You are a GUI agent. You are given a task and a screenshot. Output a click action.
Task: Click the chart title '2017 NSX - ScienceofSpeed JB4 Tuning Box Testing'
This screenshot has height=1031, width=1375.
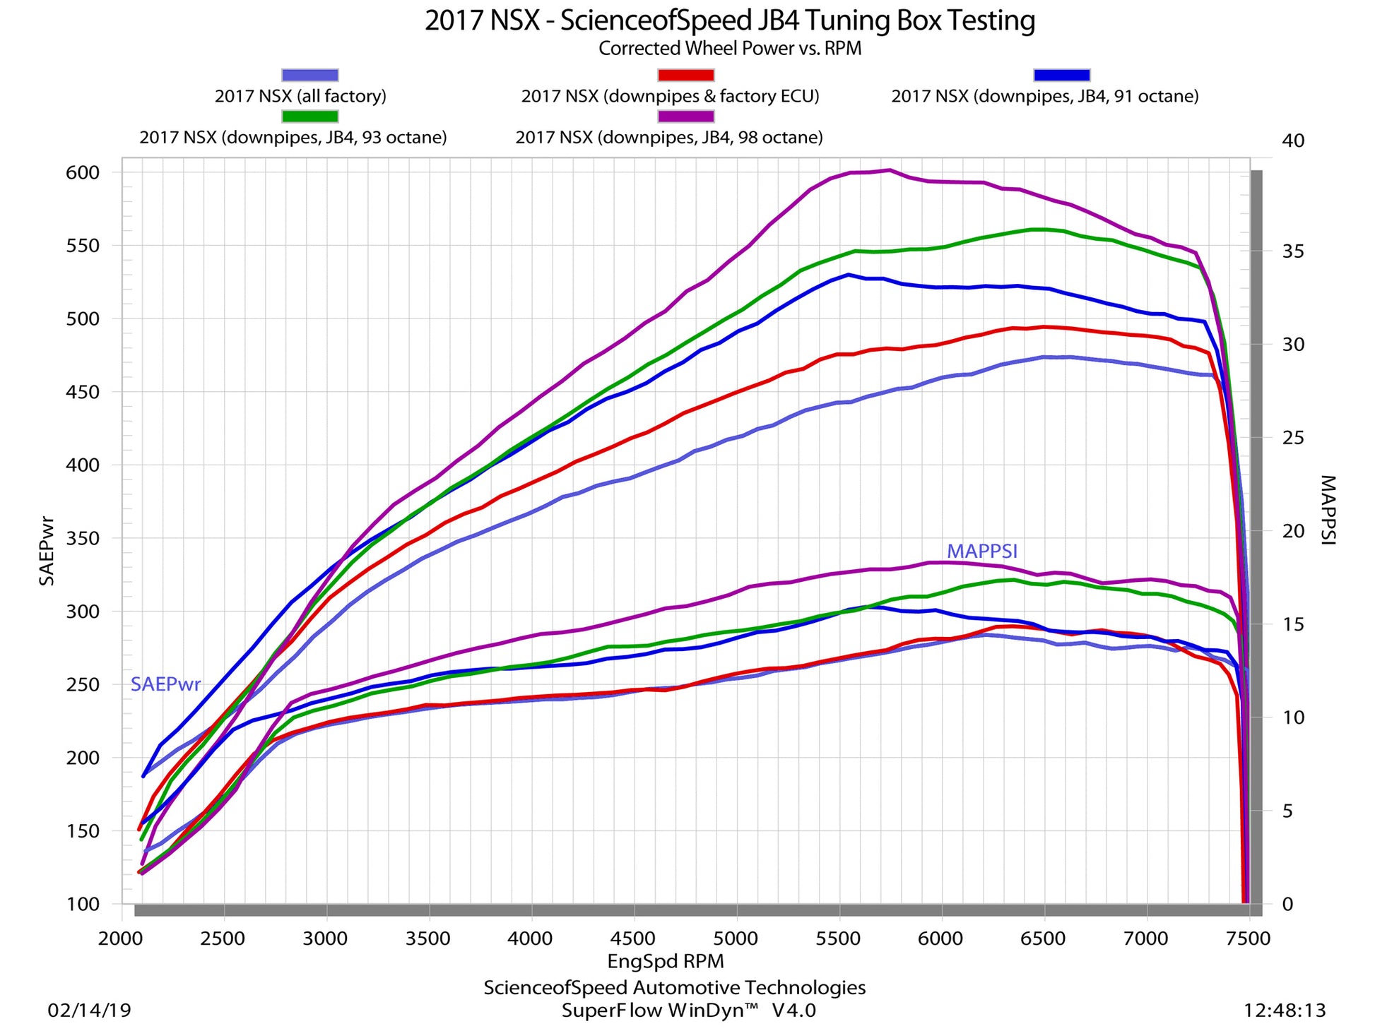729,21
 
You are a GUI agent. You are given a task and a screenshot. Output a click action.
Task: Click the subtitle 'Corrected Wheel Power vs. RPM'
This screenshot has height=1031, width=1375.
729,49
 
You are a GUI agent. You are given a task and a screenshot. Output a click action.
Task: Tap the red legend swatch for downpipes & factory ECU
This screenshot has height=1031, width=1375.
685,75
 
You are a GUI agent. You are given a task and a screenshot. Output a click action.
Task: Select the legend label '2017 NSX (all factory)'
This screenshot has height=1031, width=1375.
300,96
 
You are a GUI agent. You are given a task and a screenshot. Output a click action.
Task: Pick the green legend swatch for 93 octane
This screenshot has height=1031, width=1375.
309,116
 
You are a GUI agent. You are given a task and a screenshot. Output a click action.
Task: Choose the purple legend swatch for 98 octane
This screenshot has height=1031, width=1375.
685,116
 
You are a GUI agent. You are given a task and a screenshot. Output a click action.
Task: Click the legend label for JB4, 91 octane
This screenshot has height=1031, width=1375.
1044,96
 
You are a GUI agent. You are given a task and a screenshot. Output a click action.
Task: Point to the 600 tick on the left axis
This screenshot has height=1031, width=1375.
83,173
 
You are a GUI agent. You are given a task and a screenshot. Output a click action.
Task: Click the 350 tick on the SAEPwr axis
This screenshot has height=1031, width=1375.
83,538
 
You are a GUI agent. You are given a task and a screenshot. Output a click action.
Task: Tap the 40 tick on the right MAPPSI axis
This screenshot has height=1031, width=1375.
1293,141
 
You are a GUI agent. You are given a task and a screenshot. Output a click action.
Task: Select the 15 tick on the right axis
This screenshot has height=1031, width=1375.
1293,624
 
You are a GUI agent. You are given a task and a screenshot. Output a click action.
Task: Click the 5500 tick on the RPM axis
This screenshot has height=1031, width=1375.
838,938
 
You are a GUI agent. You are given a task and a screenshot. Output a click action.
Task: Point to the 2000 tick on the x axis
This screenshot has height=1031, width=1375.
122,938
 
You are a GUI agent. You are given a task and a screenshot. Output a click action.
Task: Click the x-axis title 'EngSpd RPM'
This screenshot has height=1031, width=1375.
666,961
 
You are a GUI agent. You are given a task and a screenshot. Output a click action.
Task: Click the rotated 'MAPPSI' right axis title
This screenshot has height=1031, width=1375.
1328,510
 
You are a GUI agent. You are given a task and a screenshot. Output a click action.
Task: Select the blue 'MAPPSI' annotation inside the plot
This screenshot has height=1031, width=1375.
982,552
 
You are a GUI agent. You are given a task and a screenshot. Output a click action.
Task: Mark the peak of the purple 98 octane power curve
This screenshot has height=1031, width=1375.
890,169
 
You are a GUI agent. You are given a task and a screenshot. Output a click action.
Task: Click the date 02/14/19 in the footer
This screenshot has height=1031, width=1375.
89,1011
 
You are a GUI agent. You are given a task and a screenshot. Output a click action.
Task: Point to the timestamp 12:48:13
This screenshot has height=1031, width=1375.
1285,1011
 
